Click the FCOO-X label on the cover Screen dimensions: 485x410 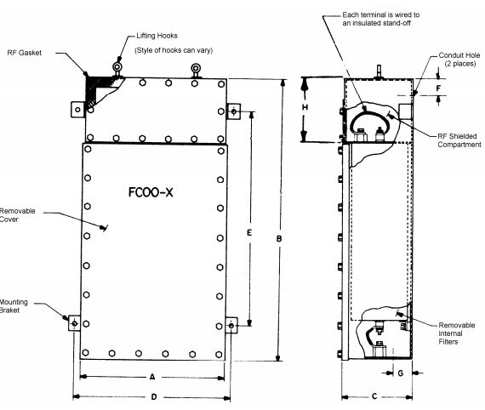tap(151, 192)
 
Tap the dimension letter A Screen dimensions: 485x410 tap(152, 377)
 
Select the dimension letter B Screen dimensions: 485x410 tap(279, 239)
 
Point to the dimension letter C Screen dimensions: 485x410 tap(374, 396)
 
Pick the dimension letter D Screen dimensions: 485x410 tap(154, 396)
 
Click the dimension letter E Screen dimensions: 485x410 tap(249, 232)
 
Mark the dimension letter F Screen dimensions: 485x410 tap(438, 88)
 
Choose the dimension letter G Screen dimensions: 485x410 tap(401, 373)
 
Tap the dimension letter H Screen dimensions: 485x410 tap(305, 107)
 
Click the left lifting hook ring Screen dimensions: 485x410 tap(117, 67)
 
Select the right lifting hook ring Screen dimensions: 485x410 tap(196, 68)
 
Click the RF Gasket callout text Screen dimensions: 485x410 tap(24, 53)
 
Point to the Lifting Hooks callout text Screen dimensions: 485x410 tap(157, 36)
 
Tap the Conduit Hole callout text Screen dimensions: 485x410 tap(459, 60)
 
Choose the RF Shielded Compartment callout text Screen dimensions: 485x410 tap(459, 140)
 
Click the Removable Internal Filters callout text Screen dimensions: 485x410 tap(457, 333)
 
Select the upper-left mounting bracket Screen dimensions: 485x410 tap(78, 110)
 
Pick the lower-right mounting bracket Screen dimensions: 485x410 tap(231, 325)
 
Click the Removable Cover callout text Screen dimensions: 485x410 tap(17, 215)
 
